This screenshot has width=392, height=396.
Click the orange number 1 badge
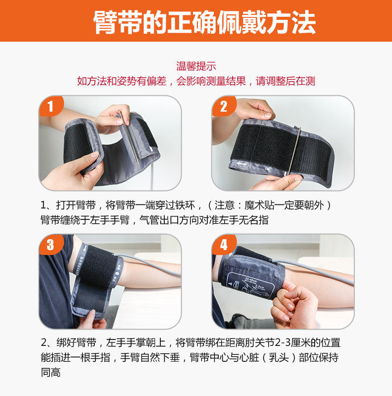(x=51, y=106)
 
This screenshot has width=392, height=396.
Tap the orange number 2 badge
(x=223, y=106)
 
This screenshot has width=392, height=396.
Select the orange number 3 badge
(x=51, y=244)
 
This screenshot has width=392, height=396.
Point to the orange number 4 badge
(x=223, y=244)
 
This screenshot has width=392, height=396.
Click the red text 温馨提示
(x=196, y=66)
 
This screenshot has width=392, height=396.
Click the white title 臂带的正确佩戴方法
(x=204, y=22)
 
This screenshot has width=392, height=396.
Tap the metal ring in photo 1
(x=129, y=137)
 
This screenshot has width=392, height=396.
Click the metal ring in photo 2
(x=295, y=151)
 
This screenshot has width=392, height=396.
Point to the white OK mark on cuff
(x=267, y=168)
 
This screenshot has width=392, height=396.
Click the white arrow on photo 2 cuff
(x=241, y=164)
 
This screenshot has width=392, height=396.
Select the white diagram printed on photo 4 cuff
(x=250, y=287)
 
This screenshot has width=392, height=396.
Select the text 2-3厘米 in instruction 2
(x=292, y=343)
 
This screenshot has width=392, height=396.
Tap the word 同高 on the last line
(x=51, y=372)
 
